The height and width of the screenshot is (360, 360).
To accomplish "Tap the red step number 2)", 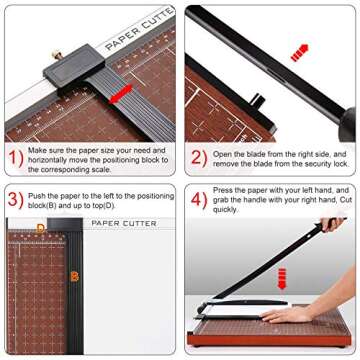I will [197, 157].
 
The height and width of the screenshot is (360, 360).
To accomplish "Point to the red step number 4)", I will [197, 199].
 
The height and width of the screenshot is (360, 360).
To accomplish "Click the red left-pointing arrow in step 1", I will [121, 93].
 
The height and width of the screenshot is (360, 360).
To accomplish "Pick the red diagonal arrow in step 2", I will [299, 51].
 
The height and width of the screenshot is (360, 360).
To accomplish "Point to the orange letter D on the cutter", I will [41, 229].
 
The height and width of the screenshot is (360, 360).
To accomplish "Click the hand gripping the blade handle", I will [334, 224].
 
